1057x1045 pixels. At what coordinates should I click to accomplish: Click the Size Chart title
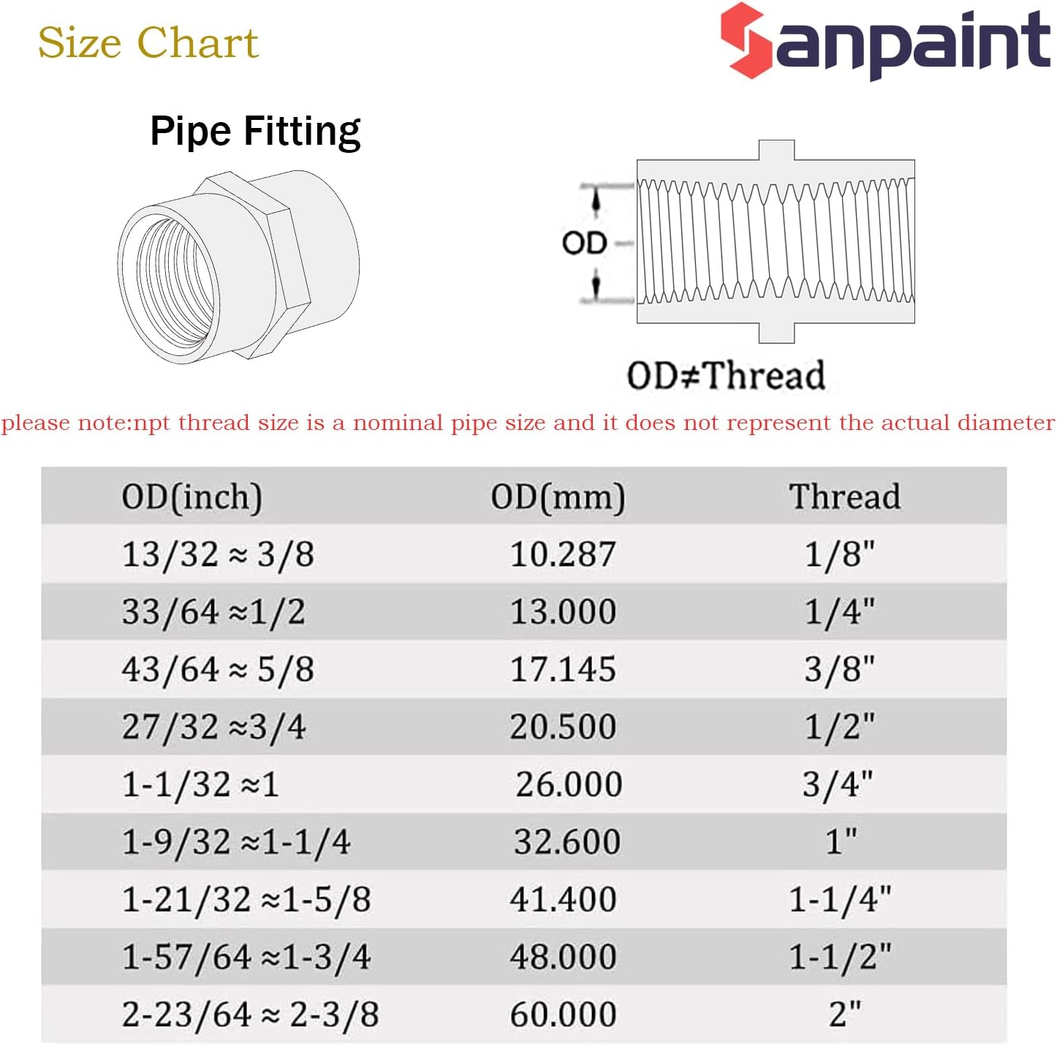tap(148, 42)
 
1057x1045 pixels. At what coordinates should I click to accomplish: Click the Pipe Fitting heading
tap(256, 132)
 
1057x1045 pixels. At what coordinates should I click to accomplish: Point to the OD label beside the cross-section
tap(584, 243)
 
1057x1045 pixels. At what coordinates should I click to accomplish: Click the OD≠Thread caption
tap(726, 375)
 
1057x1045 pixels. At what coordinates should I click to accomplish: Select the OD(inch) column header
tap(192, 497)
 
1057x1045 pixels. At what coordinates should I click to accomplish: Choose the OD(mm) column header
tap(558, 497)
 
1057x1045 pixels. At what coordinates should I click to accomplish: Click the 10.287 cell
tap(563, 554)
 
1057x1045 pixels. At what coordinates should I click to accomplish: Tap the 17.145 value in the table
tap(563, 670)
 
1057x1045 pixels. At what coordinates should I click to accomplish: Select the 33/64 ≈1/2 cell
tap(213, 612)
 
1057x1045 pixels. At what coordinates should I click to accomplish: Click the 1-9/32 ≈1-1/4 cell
tap(236, 842)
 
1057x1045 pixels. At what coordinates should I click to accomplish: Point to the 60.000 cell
tap(564, 1014)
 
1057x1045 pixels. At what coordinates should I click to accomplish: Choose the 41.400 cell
tap(564, 899)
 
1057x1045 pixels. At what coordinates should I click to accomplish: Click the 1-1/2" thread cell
tap(840, 957)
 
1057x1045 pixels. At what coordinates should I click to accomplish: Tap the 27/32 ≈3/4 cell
tap(214, 727)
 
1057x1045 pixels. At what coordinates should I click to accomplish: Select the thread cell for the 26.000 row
tap(838, 785)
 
